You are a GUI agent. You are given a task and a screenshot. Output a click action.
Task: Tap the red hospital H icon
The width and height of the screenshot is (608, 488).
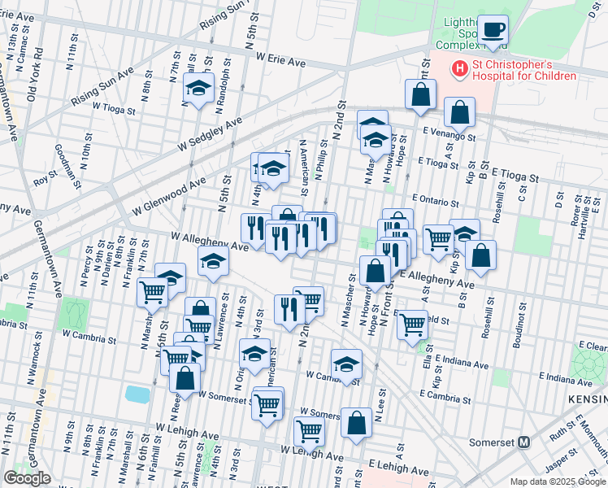click(460, 70)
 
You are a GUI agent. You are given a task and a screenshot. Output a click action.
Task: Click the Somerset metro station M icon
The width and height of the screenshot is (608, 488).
click(524, 442)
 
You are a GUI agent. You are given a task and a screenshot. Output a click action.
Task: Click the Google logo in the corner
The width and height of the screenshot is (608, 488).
click(27, 478)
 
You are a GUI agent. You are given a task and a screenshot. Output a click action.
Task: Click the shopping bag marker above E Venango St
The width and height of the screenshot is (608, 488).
click(421, 95)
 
